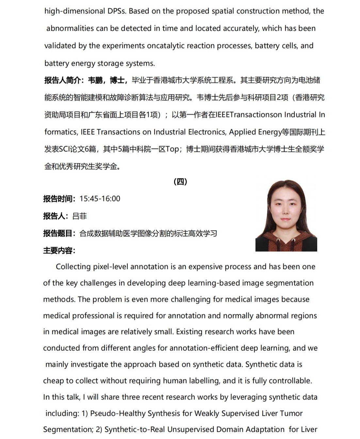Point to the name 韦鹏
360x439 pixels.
tap(95, 80)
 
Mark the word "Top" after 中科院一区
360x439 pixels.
tap(172, 149)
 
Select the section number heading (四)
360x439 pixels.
tap(180, 182)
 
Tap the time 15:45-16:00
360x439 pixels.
tap(100, 199)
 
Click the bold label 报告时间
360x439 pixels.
tap(58, 199)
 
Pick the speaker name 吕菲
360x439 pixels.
tap(79, 216)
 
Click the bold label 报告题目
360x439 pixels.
tap(58, 233)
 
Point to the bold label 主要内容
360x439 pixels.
tap(58, 251)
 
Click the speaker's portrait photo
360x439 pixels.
tap(286, 216)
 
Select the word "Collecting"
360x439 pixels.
tap(73, 267)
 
